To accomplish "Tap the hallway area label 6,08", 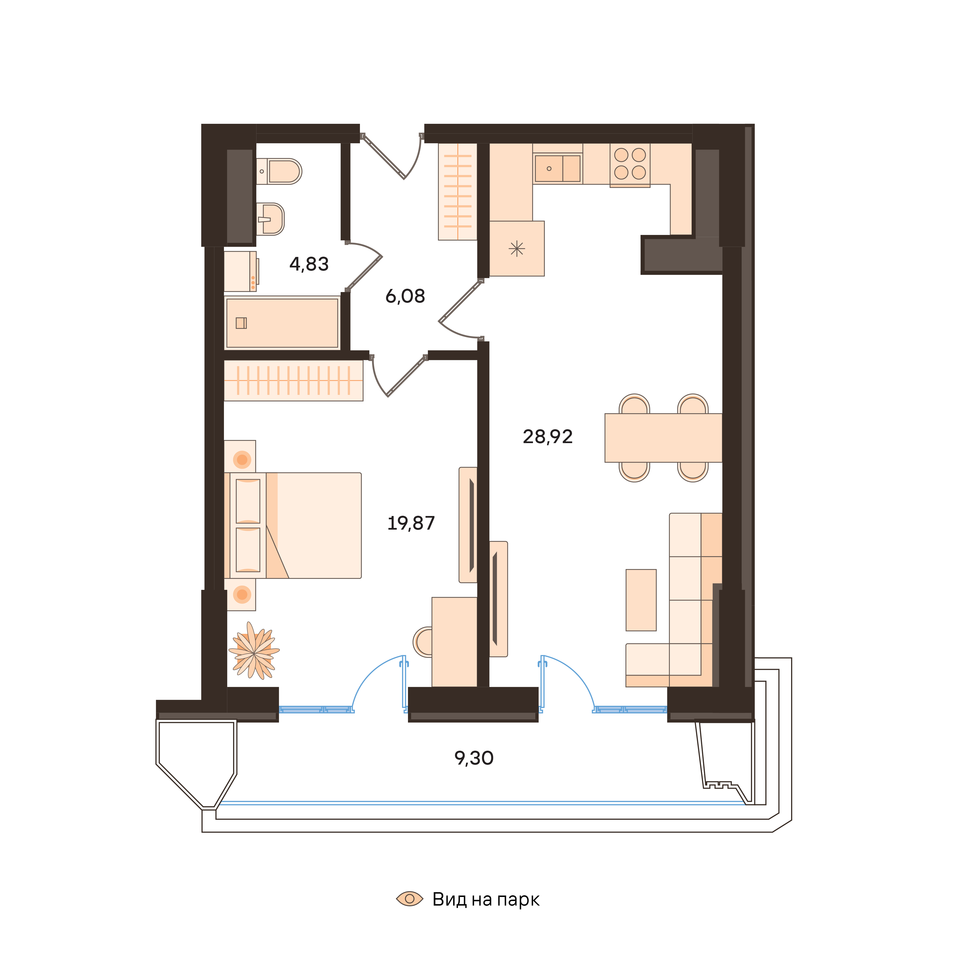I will coord(405,296).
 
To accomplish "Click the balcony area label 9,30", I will coord(473,758).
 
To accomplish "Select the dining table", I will coord(663,438).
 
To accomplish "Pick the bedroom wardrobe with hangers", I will coord(293,380).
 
